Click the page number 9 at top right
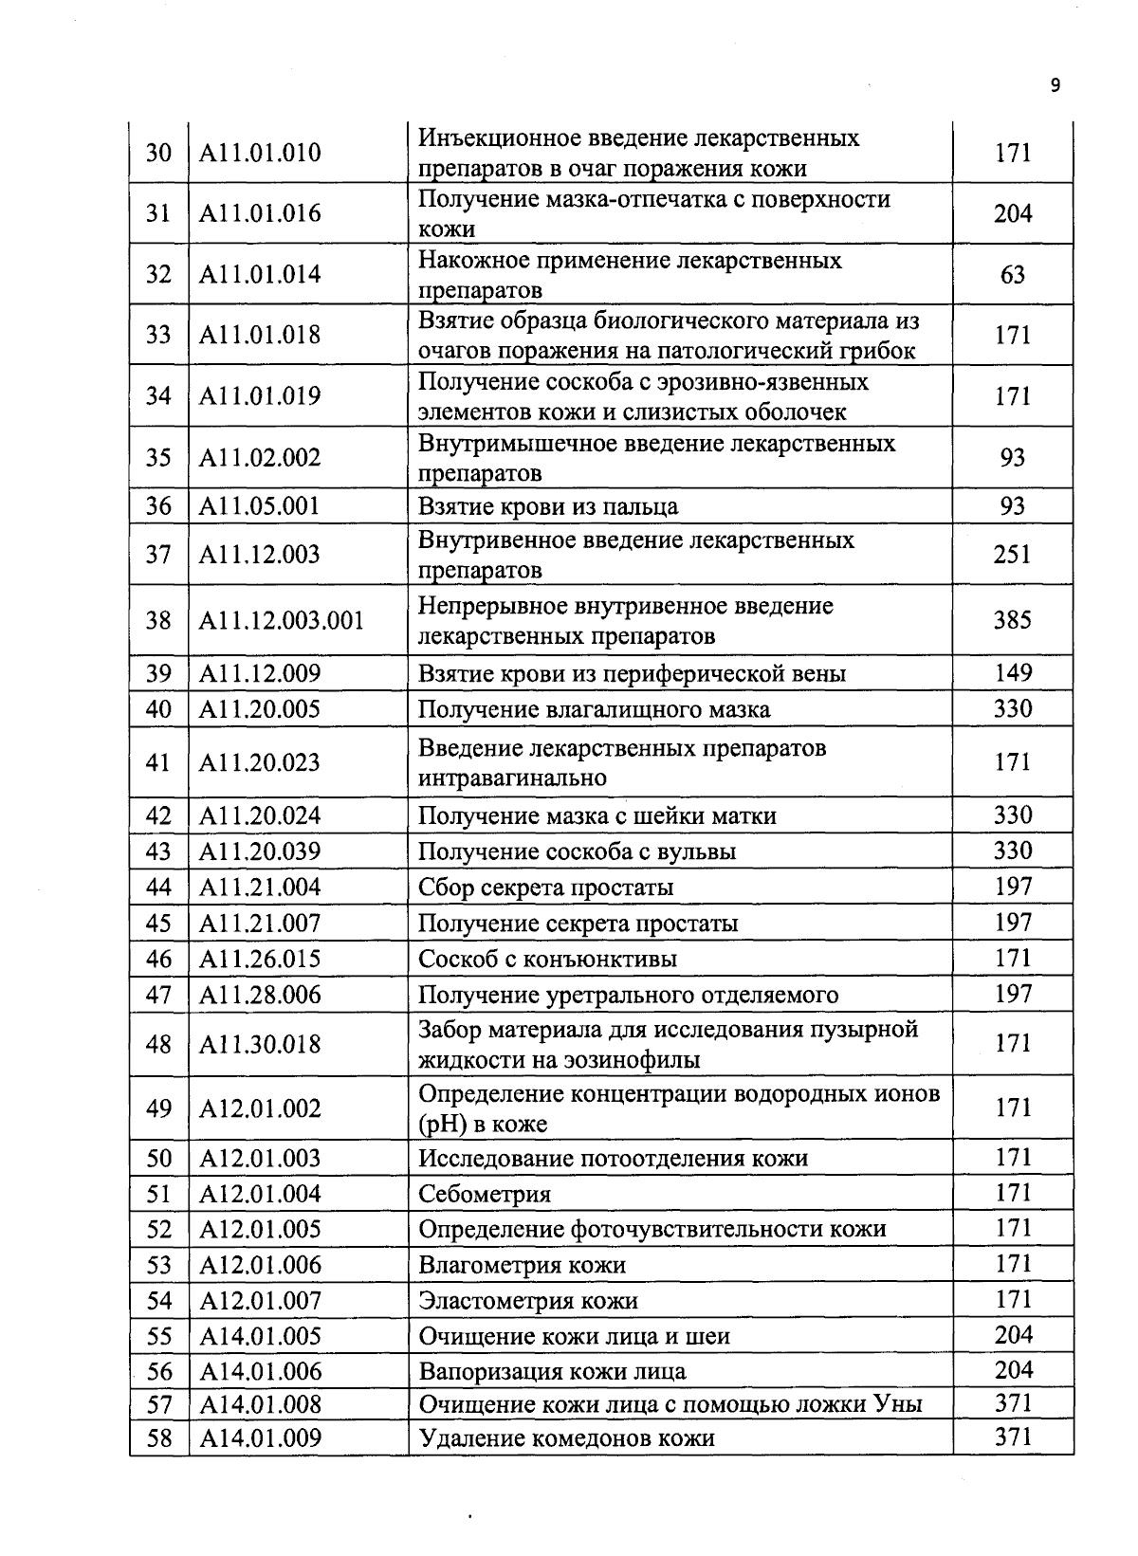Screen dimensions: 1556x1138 point(1055,86)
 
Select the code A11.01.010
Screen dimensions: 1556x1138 point(260,153)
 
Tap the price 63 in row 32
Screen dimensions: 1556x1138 point(1012,275)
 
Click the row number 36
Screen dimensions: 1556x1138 point(158,506)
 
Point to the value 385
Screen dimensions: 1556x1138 point(1012,620)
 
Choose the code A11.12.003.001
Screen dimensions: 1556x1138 point(281,621)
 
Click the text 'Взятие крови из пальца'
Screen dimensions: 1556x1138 point(548,506)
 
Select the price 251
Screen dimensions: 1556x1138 point(1012,555)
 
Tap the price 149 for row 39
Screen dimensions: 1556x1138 point(1012,673)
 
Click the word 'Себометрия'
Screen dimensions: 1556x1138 point(485,1195)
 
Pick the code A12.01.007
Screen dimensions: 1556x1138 point(260,1301)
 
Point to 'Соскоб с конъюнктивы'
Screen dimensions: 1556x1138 point(547,960)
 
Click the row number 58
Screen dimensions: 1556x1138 point(158,1438)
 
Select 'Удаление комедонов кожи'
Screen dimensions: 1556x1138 point(566,1438)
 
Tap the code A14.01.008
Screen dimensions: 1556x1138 point(260,1404)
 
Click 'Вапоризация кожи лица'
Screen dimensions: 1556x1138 point(552,1371)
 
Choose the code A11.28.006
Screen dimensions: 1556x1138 point(260,996)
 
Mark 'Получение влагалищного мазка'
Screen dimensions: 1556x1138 point(594,710)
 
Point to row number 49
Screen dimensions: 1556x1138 point(158,1108)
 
